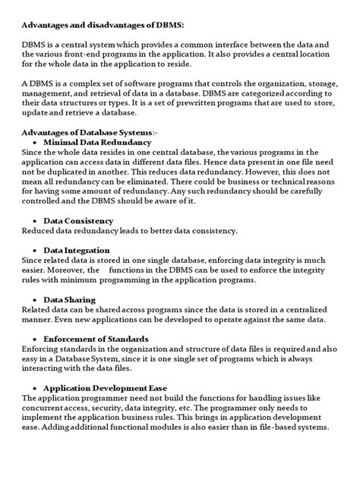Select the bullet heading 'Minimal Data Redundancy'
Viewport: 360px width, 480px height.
pyautogui.click(x=97, y=142)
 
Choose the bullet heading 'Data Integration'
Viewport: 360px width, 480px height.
pyautogui.click(x=77, y=250)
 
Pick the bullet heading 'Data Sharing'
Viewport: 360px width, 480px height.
pyautogui.click(x=70, y=299)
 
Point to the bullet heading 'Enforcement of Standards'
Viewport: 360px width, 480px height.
pyautogui.click(x=96, y=339)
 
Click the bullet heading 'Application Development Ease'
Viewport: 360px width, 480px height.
pyautogui.click(x=105, y=387)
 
